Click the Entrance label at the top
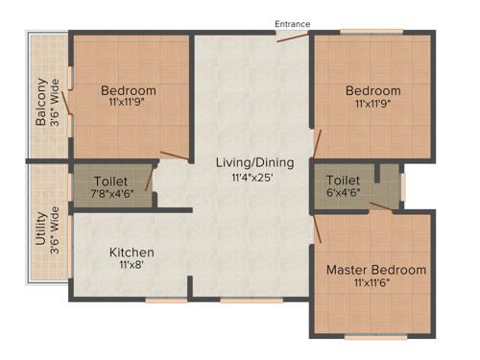[293, 22]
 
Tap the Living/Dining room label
[253, 162]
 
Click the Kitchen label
[131, 252]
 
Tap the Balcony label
[41, 102]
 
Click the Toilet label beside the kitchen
[111, 180]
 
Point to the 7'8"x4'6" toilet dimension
[111, 194]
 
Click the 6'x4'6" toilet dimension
[343, 193]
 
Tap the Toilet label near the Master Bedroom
[343, 180]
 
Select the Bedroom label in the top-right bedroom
[373, 90]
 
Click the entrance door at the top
[292, 36]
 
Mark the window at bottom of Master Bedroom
[369, 337]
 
